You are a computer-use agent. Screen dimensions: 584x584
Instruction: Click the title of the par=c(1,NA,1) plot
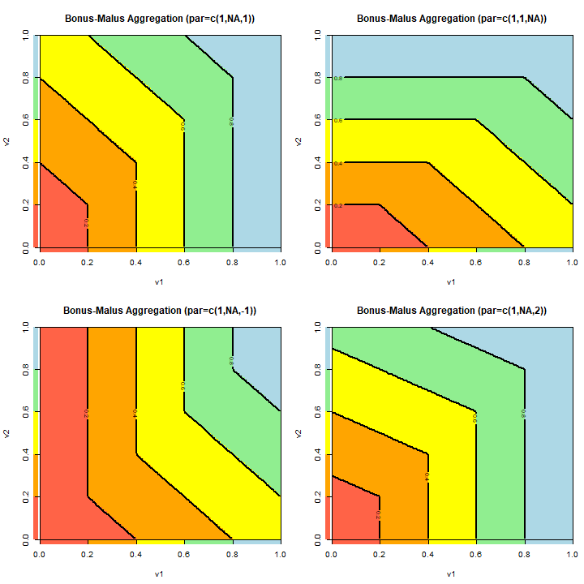coord(159,18)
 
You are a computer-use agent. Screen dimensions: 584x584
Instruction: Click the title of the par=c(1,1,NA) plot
coord(451,18)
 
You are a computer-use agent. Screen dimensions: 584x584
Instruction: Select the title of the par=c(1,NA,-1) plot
coord(159,310)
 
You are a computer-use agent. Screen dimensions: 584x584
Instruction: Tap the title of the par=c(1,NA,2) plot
coord(451,310)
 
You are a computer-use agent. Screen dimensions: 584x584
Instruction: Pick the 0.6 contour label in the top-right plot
coord(337,120)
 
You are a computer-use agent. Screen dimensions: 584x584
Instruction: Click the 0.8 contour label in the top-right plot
coord(337,78)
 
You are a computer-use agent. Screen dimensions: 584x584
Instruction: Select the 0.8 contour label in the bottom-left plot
coord(232,360)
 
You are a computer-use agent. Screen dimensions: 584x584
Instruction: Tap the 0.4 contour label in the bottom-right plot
coord(427,477)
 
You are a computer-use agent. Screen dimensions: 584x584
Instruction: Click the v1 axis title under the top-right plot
coord(451,282)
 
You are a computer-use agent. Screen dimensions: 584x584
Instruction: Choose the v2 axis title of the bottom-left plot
coord(7,432)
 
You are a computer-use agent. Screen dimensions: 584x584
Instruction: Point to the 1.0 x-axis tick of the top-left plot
coord(281,264)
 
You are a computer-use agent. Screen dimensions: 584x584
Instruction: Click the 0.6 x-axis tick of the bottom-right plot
coord(475,556)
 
